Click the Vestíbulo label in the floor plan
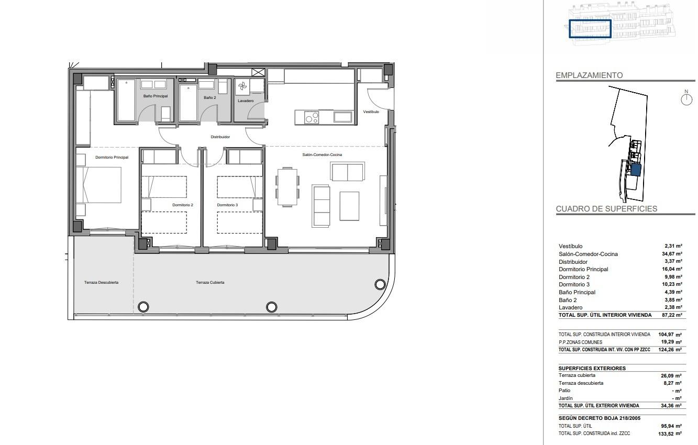click(x=371, y=112)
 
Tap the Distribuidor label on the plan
click(x=220, y=137)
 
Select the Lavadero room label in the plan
click(x=246, y=101)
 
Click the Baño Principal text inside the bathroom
click(x=156, y=96)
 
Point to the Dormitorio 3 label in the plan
click(x=227, y=205)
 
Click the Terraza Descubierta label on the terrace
click(x=101, y=282)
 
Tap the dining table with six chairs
click(x=287, y=186)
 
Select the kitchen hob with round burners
click(x=312, y=118)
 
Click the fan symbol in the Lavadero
click(x=242, y=87)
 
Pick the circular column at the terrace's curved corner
click(x=380, y=284)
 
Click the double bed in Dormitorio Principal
click(x=99, y=185)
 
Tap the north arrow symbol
click(x=686, y=98)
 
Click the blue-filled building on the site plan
click(x=636, y=170)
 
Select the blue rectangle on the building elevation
click(x=590, y=29)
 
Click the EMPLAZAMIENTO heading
click(x=589, y=75)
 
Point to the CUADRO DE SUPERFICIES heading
click(x=606, y=209)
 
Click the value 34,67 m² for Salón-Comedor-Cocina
click(x=672, y=254)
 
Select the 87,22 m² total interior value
click(x=672, y=315)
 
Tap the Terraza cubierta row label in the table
click(x=577, y=375)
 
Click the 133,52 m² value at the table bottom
click(x=670, y=433)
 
